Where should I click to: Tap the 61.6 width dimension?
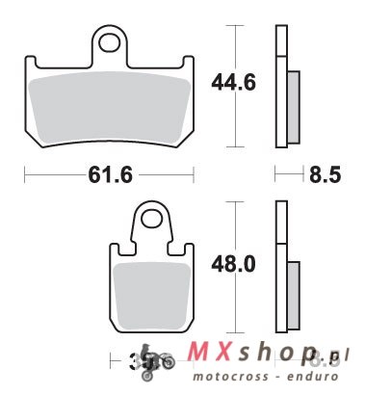(109, 176)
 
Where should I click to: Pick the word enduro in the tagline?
(321, 381)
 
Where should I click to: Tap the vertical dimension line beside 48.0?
(231, 231)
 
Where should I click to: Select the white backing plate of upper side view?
(280, 87)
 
